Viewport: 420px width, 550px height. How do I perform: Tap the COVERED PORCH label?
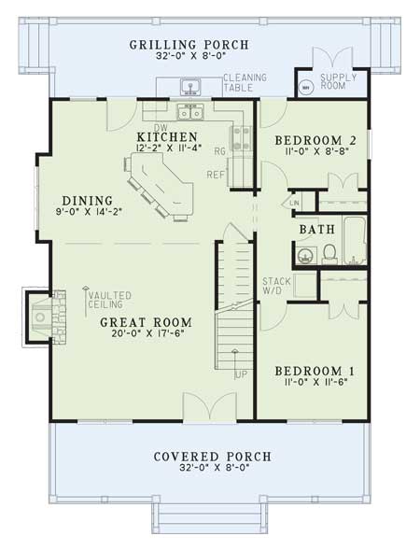pyautogui.click(x=214, y=457)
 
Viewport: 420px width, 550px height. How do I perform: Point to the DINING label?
pyautogui.click(x=88, y=200)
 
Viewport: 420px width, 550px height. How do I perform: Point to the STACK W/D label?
pyautogui.click(x=276, y=286)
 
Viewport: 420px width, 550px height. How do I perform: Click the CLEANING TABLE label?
pyautogui.click(x=244, y=83)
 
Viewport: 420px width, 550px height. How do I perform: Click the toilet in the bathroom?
pyautogui.click(x=329, y=252)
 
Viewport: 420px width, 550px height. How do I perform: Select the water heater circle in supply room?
pyautogui.click(x=305, y=88)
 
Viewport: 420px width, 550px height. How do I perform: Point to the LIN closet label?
pyautogui.click(x=294, y=202)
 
